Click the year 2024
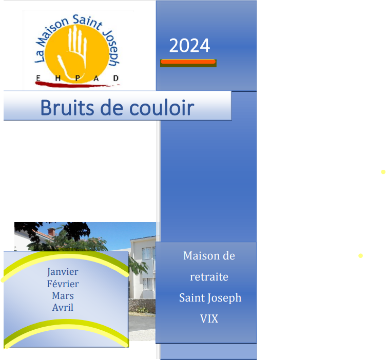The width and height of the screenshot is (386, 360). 189,46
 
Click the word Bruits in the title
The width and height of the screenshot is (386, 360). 67,108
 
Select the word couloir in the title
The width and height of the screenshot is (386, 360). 162,108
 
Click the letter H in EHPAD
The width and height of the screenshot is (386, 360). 58,78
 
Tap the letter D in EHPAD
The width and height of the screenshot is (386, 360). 115,78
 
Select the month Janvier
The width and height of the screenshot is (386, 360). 63,272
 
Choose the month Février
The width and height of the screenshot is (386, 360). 63,284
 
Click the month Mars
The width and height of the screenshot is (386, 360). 63,295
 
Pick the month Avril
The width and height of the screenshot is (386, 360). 63,307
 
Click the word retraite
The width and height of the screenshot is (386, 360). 209,277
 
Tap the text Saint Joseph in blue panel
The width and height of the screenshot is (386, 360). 210,298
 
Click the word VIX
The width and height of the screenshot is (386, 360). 209,319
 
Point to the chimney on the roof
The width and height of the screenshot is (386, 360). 51,231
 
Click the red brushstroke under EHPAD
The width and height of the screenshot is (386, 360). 76,85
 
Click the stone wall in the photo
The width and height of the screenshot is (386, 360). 142,306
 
